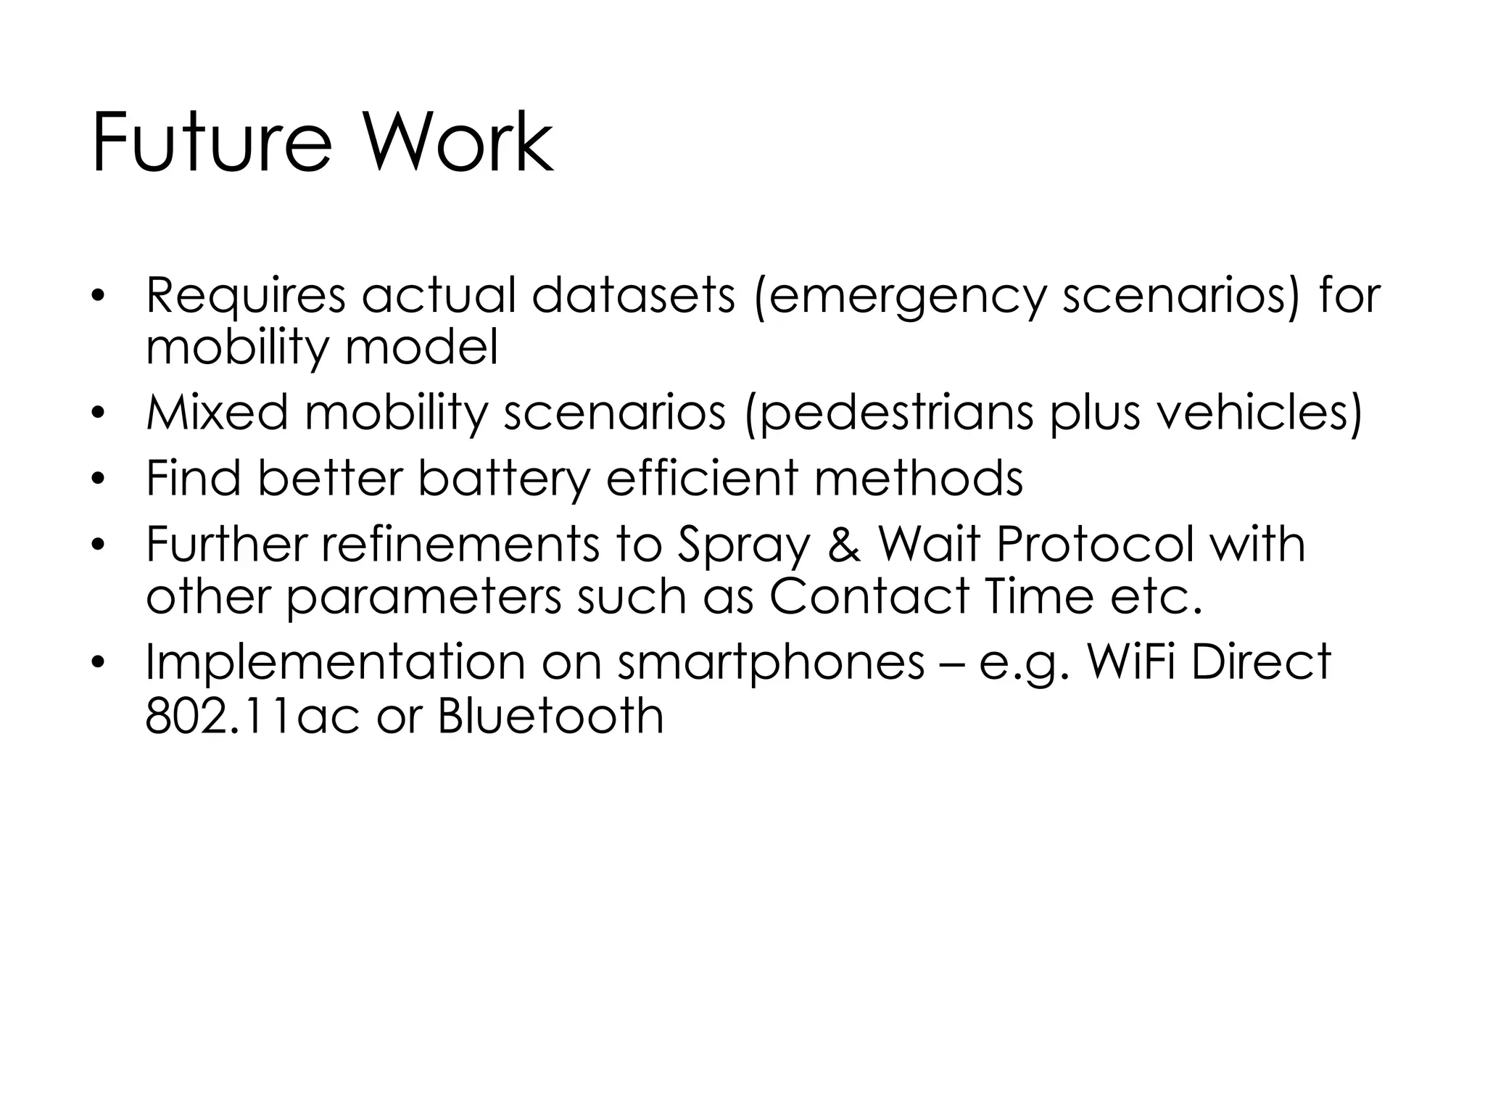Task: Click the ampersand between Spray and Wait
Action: tap(844, 545)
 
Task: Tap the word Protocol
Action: tap(1093, 544)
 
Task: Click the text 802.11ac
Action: tap(252, 716)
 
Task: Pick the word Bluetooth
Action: tap(551, 716)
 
